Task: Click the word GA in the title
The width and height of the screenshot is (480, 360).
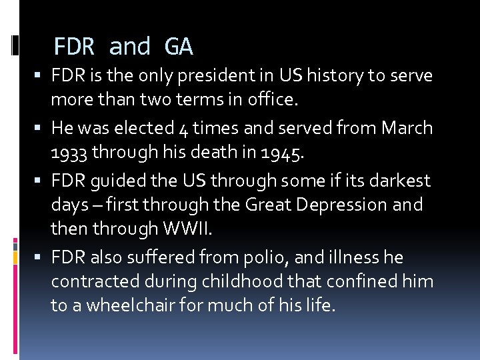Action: click(178, 47)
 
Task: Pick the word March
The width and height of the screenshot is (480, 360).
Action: click(407, 127)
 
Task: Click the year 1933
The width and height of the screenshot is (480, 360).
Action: click(70, 153)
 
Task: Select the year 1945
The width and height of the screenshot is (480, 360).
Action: click(283, 153)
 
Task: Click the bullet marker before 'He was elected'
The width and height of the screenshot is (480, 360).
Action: click(42, 128)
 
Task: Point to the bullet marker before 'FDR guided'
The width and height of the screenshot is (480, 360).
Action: click(42, 181)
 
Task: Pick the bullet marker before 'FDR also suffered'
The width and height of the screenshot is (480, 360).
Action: click(42, 257)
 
